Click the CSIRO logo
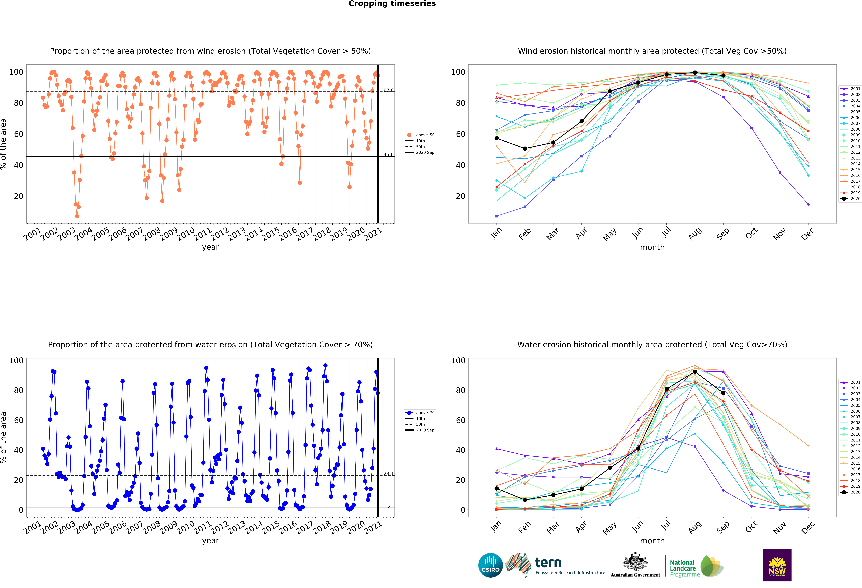490,565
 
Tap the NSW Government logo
777,565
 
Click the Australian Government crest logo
635,565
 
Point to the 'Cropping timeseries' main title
392,4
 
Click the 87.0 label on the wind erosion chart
388,90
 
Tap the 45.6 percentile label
388,154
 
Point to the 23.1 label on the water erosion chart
388,474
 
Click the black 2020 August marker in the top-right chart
695,73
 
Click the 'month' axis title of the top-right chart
652,247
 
